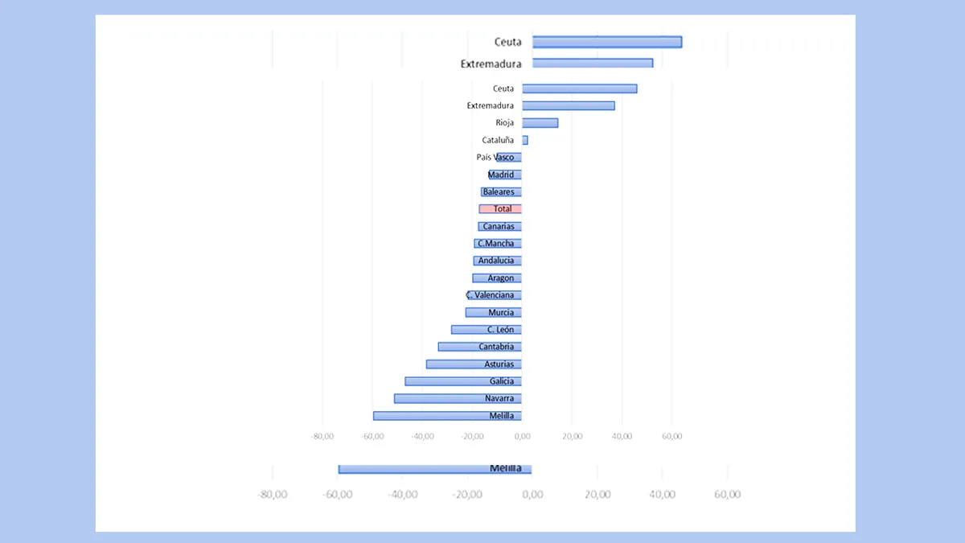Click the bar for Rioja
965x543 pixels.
(x=540, y=123)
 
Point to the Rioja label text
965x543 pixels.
(x=504, y=123)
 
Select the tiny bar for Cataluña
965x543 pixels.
(x=525, y=140)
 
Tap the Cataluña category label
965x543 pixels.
(x=498, y=140)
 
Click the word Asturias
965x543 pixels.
(x=499, y=364)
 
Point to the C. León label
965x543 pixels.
(x=500, y=330)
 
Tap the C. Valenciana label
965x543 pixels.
(x=490, y=295)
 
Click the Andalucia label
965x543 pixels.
(x=495, y=261)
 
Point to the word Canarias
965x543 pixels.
(x=499, y=226)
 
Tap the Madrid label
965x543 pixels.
(x=501, y=175)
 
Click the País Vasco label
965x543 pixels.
(x=495, y=158)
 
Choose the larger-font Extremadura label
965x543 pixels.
(x=491, y=64)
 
